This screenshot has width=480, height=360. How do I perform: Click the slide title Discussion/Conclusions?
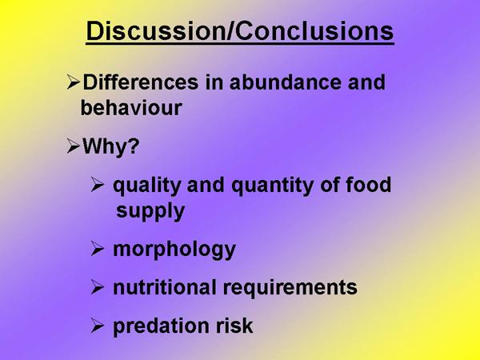(x=240, y=31)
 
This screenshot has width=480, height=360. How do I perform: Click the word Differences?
(x=141, y=82)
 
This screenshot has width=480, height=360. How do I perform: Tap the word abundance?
(x=285, y=82)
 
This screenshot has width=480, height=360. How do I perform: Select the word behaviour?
(x=131, y=108)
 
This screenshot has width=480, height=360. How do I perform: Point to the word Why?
(x=111, y=147)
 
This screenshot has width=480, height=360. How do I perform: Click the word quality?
(x=147, y=186)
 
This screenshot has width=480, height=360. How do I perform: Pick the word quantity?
(x=273, y=186)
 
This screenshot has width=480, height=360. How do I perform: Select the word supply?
(x=150, y=212)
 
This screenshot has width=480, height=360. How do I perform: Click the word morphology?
(x=174, y=250)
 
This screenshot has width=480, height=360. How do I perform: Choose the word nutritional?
(x=164, y=287)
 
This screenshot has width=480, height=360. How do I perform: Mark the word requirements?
(x=290, y=288)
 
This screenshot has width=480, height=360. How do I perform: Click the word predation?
(x=161, y=326)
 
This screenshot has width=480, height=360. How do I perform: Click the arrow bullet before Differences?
(x=74, y=82)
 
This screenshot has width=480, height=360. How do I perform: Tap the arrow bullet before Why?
(x=74, y=146)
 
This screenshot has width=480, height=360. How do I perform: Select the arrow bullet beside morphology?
(x=98, y=248)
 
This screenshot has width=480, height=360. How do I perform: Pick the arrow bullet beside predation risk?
(x=98, y=326)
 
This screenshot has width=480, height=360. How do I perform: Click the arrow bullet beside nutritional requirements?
(x=98, y=287)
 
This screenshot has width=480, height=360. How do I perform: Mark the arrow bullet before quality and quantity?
(x=98, y=185)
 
